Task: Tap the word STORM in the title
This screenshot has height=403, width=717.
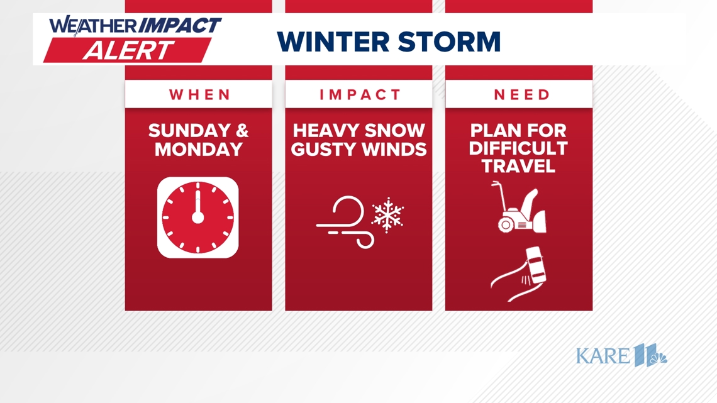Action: click(450, 42)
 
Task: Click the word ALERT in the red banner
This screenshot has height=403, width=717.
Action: click(129, 50)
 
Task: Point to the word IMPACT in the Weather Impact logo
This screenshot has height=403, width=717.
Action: click(179, 25)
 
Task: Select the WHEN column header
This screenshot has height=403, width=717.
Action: click(200, 94)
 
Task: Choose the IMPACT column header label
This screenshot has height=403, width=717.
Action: click(360, 94)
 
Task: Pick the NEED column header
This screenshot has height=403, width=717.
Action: click(522, 94)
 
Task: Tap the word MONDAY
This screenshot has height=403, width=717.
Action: click(199, 150)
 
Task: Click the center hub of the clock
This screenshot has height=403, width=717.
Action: click(197, 218)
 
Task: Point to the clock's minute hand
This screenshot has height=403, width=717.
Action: click(198, 201)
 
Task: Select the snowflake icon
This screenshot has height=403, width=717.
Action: click(388, 215)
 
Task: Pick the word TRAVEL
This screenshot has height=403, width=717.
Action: click(518, 167)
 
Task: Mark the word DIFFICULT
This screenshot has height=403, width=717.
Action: click(518, 148)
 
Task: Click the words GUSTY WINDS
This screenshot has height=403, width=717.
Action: click(358, 150)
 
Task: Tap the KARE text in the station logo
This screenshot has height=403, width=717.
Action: click(603, 356)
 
